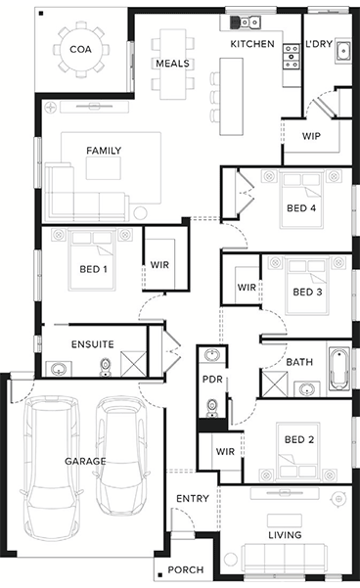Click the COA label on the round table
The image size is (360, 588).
(x=80, y=50)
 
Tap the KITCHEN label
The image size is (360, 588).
(x=252, y=44)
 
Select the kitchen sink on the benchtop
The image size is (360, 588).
(x=246, y=23)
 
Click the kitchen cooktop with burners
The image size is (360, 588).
(x=292, y=57)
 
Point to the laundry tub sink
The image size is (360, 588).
(x=343, y=50)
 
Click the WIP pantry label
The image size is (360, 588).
(x=311, y=136)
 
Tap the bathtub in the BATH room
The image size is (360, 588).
(x=339, y=369)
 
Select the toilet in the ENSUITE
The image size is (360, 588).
(x=106, y=368)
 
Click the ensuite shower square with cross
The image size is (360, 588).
(x=133, y=364)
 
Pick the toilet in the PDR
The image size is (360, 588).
(x=212, y=407)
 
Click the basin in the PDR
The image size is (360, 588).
(x=212, y=355)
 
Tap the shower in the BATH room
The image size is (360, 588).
(x=275, y=384)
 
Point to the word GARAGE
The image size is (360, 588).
(x=85, y=461)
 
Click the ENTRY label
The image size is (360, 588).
(x=193, y=498)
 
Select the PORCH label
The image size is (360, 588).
(x=186, y=570)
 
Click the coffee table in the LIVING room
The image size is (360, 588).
(x=285, y=520)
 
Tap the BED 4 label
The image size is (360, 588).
(x=301, y=208)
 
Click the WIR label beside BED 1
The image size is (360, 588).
(x=159, y=265)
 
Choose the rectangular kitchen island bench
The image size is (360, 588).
(x=232, y=97)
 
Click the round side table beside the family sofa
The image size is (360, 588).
(x=140, y=213)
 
